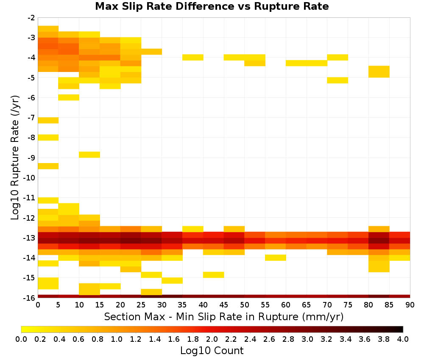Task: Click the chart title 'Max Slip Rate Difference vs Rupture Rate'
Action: click(x=212, y=6)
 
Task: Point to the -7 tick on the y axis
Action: click(x=32, y=118)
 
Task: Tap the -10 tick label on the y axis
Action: click(x=29, y=178)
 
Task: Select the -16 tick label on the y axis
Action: click(x=29, y=298)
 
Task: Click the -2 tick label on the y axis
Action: click(x=32, y=18)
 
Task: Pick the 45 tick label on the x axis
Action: click(x=224, y=305)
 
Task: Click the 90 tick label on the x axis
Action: click(x=410, y=305)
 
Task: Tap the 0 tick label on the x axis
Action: click(x=38, y=305)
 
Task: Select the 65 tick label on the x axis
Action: click(x=307, y=305)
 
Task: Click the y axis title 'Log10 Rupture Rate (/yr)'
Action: click(x=15, y=158)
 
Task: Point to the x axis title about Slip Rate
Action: click(x=224, y=317)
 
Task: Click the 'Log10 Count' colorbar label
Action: click(x=212, y=351)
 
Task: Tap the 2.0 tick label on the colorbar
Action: click(x=212, y=339)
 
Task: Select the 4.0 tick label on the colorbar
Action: click(x=403, y=339)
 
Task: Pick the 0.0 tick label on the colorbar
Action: click(x=21, y=339)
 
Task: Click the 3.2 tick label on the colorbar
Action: click(x=326, y=339)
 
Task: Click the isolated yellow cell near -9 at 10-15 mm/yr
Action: click(x=89, y=155)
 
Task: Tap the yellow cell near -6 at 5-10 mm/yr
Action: click(x=69, y=97)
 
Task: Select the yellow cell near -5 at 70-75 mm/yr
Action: click(x=338, y=80)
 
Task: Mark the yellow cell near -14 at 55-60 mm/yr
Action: click(x=276, y=258)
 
